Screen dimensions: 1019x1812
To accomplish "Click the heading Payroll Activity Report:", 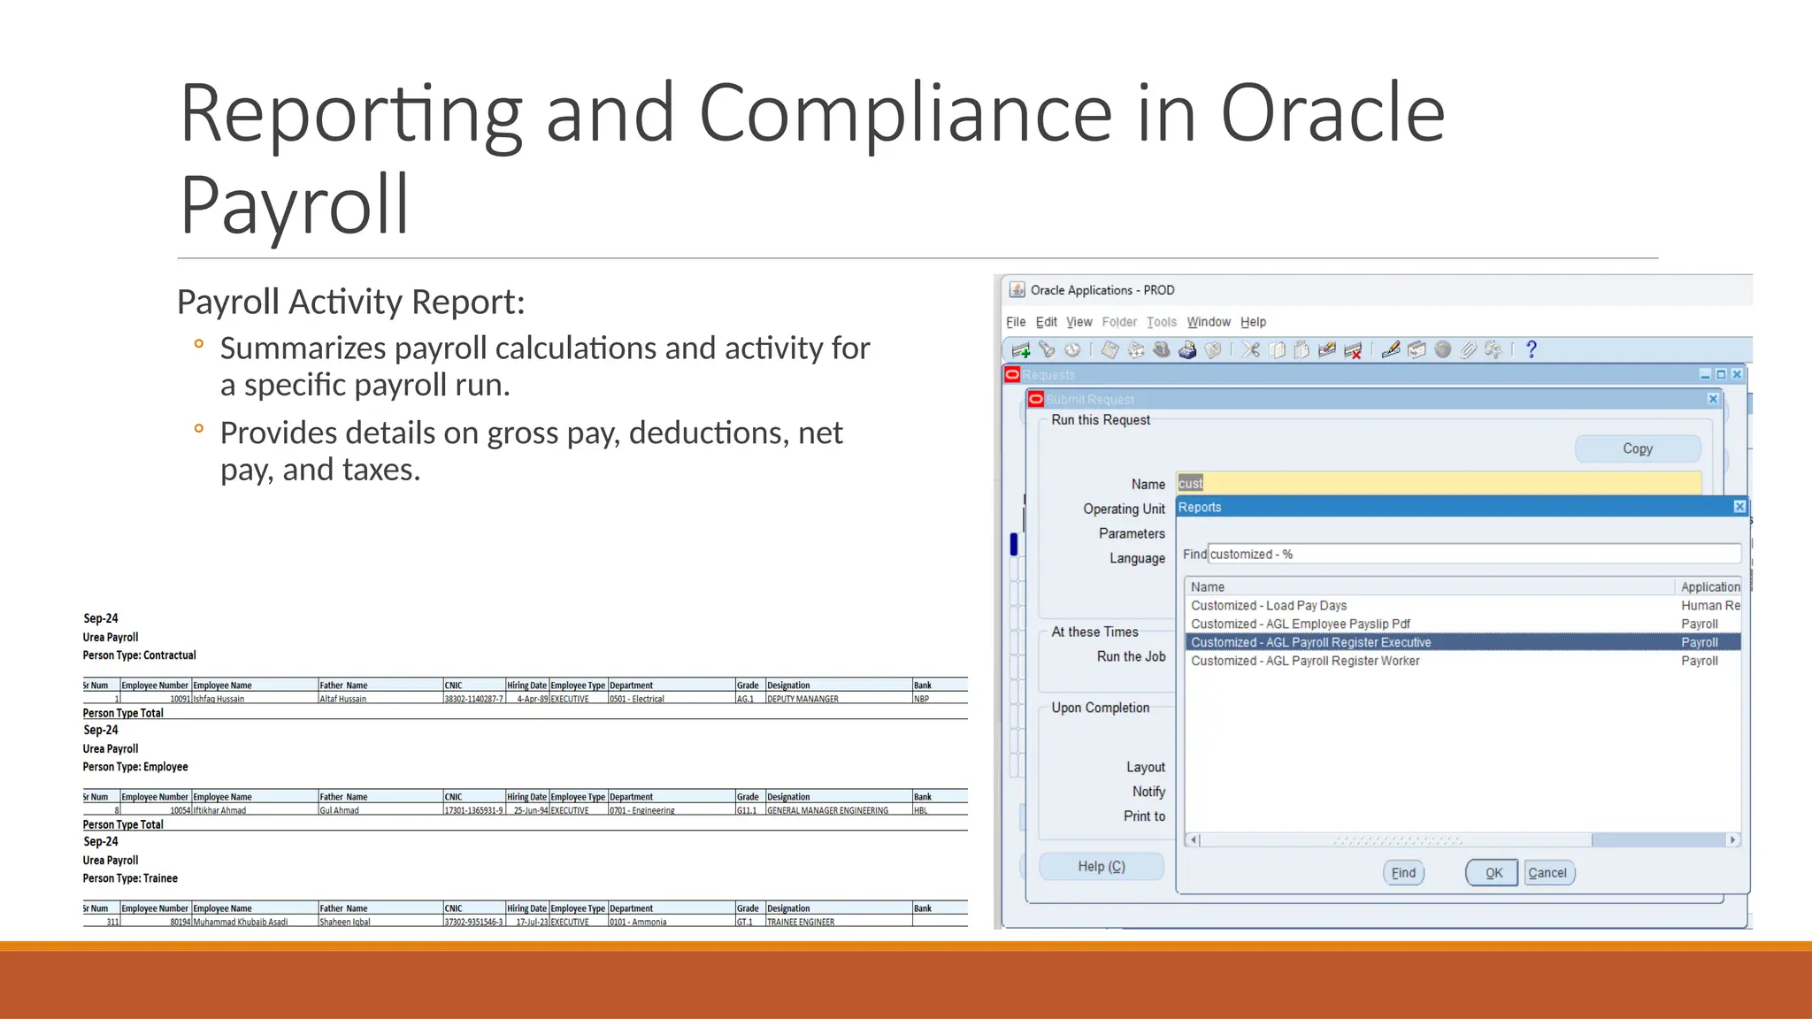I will [350, 302].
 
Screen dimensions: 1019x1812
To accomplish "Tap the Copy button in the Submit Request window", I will [1637, 448].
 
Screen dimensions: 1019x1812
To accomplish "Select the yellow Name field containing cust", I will [1438, 483].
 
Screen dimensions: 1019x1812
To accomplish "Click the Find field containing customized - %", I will [1473, 555].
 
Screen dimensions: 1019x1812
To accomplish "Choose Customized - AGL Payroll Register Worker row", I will [1305, 661].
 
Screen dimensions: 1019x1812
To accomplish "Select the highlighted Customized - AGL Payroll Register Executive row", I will [1310, 642].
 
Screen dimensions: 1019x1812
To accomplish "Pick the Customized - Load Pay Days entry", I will [1268, 606].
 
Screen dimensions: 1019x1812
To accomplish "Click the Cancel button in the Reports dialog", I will [1547, 873].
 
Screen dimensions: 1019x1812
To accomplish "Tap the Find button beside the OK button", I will [1403, 873].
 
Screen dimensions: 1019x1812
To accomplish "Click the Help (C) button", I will [1101, 867].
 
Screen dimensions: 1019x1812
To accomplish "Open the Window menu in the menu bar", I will [1208, 322].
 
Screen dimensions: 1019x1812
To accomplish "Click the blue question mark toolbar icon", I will [1532, 350].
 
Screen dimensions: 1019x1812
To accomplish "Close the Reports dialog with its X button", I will [1739, 507].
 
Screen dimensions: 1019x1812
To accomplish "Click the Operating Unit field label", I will [1124, 509].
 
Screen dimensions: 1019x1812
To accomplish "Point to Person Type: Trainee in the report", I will [130, 878].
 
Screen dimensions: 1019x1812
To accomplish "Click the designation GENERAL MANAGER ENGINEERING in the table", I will [827, 810].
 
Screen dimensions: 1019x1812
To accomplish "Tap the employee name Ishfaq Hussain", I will [219, 699].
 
